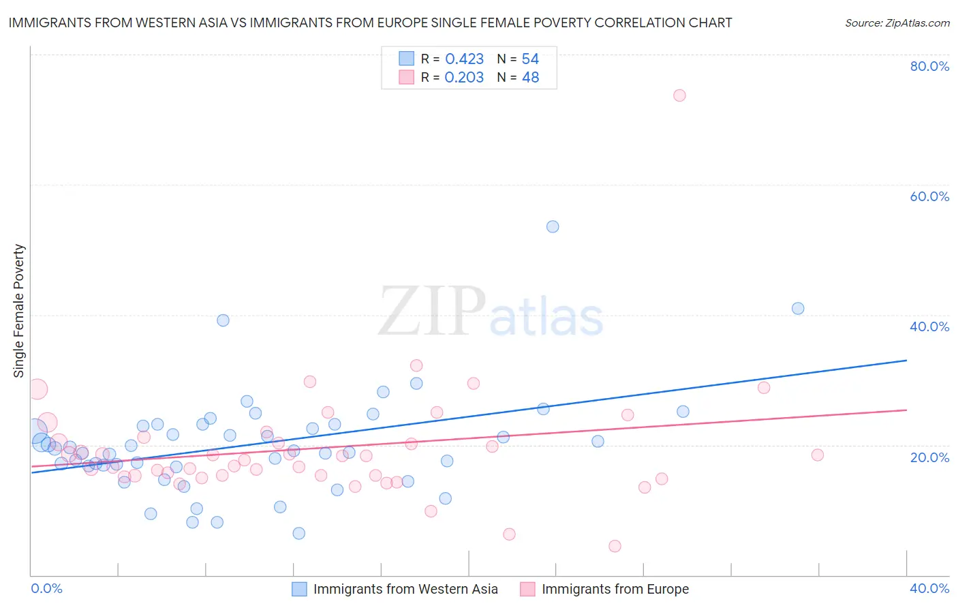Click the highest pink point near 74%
click(679, 95)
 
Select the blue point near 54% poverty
click(553, 226)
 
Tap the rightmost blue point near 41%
click(798, 308)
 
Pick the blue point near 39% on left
click(223, 320)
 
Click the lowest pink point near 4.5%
click(615, 546)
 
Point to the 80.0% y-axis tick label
click(929, 66)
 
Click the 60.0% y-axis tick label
click(929, 196)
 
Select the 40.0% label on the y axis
click(929, 326)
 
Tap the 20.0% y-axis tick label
click(929, 457)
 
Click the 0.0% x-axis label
click(46, 588)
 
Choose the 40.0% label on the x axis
click(929, 588)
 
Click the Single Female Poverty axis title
click(19, 311)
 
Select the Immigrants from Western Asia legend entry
click(405, 589)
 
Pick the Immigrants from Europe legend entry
click(615, 589)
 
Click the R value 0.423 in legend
click(464, 59)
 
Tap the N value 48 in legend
click(530, 78)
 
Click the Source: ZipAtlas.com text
click(897, 23)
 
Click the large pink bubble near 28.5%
click(37, 389)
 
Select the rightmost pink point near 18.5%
click(817, 455)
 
